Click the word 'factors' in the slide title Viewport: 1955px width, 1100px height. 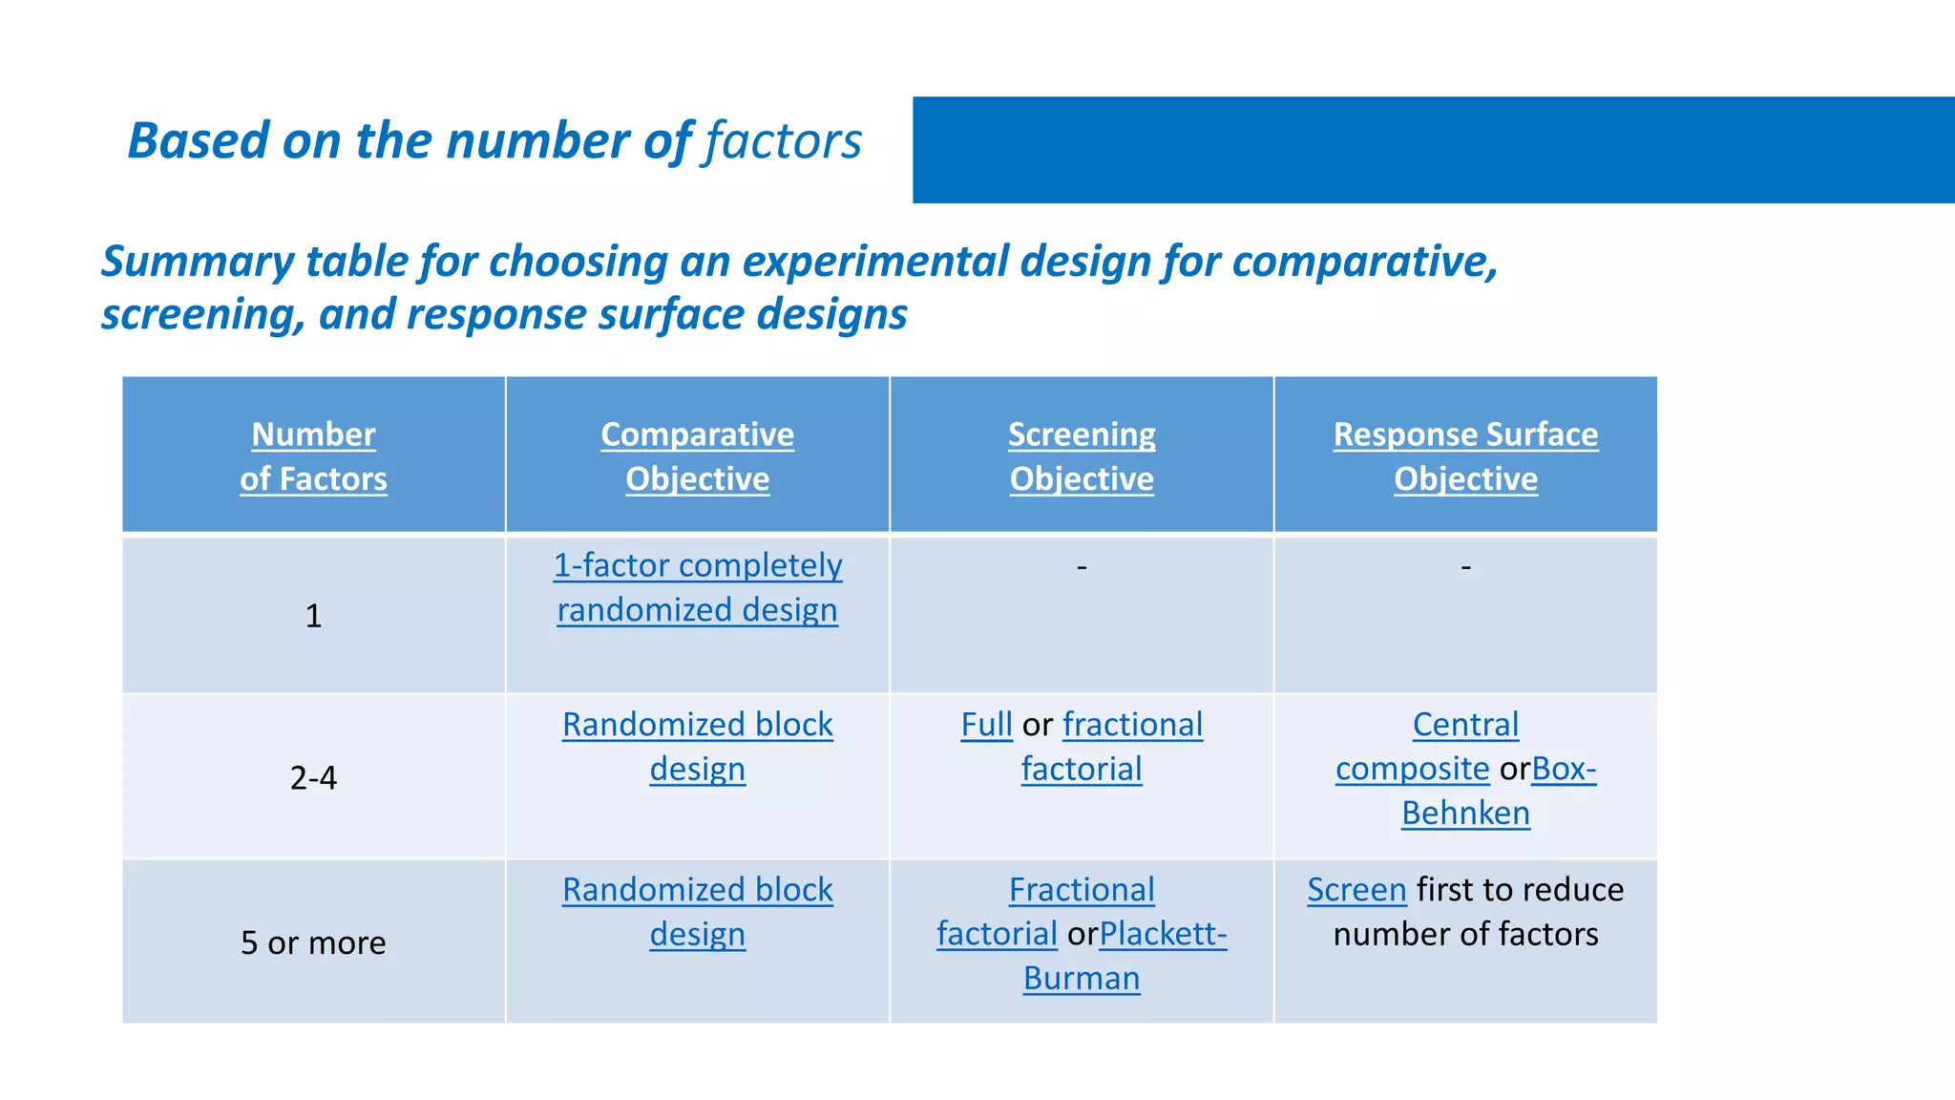[x=783, y=141]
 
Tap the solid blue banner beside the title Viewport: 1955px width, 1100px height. [x=1432, y=150]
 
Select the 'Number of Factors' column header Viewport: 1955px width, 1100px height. [x=313, y=456]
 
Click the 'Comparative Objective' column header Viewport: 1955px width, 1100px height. [x=697, y=456]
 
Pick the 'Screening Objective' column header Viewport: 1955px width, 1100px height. [x=1082, y=456]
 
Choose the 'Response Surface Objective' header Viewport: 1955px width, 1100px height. [x=1465, y=456]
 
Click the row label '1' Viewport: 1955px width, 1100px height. [x=313, y=616]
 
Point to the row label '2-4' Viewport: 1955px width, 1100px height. [x=313, y=778]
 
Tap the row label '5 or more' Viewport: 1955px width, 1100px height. [x=313, y=943]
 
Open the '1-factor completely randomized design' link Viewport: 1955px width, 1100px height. [x=697, y=587]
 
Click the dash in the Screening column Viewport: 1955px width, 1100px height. [x=1082, y=567]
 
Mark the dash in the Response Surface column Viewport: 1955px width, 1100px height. [x=1465, y=567]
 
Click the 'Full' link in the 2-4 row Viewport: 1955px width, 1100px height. [x=986, y=725]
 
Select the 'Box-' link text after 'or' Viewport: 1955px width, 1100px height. [x=1564, y=769]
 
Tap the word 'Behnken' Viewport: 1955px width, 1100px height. [x=1465, y=814]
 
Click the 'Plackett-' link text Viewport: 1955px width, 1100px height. [x=1163, y=934]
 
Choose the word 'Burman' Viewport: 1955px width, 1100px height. [x=1082, y=979]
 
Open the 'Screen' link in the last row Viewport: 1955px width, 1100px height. [x=1356, y=890]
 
